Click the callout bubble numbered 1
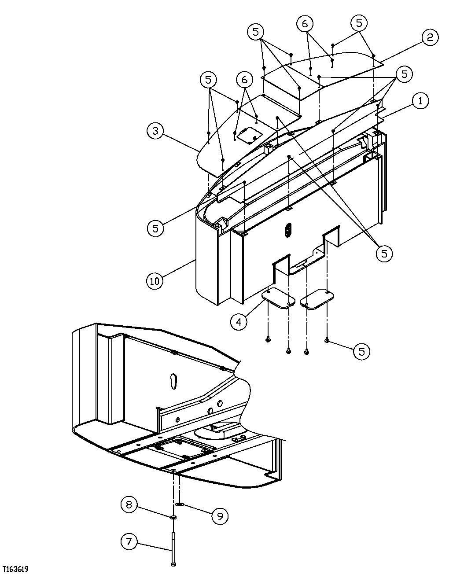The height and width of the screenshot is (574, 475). pyautogui.click(x=420, y=101)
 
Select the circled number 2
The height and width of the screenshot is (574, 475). pyautogui.click(x=430, y=37)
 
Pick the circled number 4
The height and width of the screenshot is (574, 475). pyautogui.click(x=238, y=322)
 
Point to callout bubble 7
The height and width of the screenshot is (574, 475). pyautogui.click(x=129, y=541)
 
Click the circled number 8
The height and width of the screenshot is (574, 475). pyautogui.click(x=129, y=504)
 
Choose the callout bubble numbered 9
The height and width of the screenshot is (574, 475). pyautogui.click(x=220, y=516)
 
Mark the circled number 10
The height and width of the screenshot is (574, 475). pyautogui.click(x=155, y=280)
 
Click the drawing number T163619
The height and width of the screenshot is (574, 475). pyautogui.click(x=15, y=569)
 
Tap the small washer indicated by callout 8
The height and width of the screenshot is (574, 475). pyautogui.click(x=173, y=517)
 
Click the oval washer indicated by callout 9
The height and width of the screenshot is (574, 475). pyautogui.click(x=180, y=504)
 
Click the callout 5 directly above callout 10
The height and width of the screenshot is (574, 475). pyautogui.click(x=155, y=228)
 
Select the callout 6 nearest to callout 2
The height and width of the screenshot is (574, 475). pyautogui.click(x=305, y=23)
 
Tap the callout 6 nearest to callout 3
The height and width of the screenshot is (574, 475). pyautogui.click(x=244, y=79)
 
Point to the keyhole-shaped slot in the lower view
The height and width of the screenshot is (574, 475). pyautogui.click(x=173, y=380)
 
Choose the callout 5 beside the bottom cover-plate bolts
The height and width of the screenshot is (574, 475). pyautogui.click(x=361, y=351)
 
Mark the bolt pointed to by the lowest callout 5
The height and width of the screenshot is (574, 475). pyautogui.click(x=327, y=340)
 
